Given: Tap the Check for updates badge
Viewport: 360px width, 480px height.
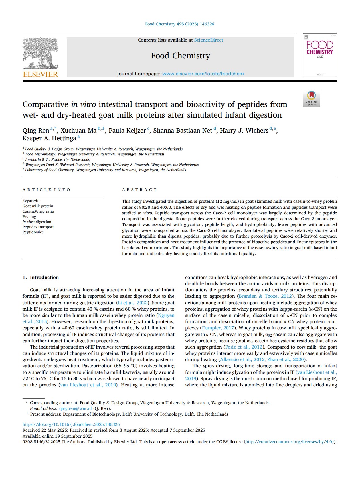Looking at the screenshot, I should point(311,98).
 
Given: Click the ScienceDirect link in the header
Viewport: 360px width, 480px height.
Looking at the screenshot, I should point(209,40).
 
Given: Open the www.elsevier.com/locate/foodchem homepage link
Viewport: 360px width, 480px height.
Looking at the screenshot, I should point(203,74).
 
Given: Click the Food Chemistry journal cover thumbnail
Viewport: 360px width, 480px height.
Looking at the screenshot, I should point(320,55).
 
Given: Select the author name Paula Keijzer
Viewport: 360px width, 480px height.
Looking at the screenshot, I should point(127,131).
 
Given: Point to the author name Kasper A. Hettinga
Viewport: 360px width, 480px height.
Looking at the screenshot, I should point(49,138).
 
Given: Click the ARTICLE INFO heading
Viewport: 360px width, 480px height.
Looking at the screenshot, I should point(46,190).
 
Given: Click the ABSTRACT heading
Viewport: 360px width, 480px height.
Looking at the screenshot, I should point(139,190).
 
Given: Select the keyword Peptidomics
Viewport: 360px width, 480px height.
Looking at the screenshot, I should point(33,232).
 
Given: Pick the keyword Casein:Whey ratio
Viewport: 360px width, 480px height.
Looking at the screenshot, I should point(38,212).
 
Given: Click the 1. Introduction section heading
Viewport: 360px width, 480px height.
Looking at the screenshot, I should point(41,277).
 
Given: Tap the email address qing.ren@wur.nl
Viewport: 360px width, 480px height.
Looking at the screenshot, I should point(76,408).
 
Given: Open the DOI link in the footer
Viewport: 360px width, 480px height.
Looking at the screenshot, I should point(71,424).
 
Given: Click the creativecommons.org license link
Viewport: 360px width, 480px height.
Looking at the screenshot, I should point(290,442).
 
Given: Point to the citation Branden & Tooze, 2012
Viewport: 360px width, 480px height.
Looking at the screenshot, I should point(265,296).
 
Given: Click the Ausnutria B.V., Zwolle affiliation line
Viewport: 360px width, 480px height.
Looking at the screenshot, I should point(57,160).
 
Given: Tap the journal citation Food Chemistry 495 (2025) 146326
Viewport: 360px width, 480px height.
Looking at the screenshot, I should point(179,24).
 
